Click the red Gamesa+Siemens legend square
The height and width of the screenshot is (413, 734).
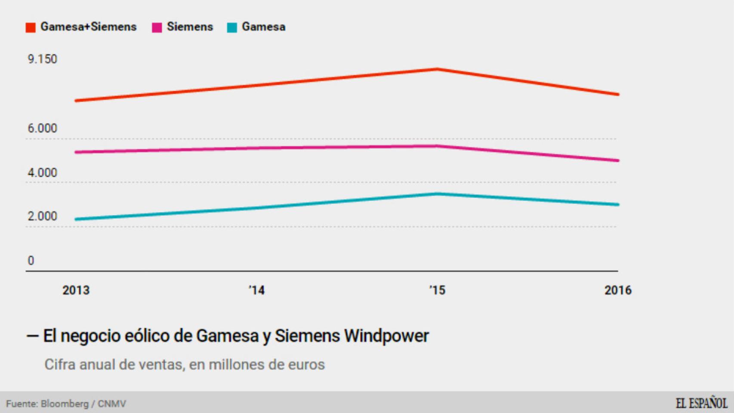(31, 28)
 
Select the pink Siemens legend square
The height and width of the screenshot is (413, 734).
(157, 28)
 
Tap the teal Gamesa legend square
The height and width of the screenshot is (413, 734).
(232, 28)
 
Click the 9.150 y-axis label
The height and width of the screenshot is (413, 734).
(42, 59)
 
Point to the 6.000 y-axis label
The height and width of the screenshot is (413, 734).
(42, 128)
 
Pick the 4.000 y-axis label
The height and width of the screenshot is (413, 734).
(42, 173)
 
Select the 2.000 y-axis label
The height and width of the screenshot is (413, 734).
(42, 216)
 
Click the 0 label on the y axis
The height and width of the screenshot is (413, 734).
(31, 261)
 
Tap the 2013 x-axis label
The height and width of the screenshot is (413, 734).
(76, 290)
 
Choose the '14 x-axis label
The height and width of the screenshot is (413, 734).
(256, 290)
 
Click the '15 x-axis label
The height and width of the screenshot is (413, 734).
(437, 290)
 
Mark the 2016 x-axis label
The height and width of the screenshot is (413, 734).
(618, 290)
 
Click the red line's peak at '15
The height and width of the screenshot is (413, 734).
(437, 69)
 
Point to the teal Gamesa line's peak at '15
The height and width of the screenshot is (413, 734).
(437, 194)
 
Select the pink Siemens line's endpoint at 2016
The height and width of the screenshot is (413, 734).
(617, 160)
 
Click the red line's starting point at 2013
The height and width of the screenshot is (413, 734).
(77, 101)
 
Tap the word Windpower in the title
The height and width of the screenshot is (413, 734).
(386, 336)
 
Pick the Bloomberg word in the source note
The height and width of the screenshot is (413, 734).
(65, 404)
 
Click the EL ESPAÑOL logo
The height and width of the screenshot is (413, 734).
(701, 404)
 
